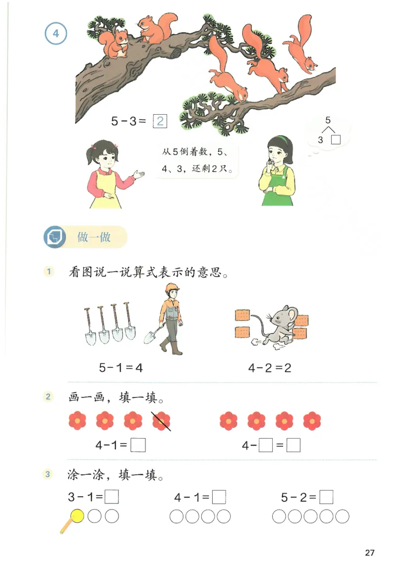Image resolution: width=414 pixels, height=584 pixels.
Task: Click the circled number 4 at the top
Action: tap(56, 34)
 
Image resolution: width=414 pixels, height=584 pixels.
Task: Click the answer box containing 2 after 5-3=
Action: tap(160, 121)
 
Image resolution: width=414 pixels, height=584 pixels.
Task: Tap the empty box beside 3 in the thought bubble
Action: tap(336, 140)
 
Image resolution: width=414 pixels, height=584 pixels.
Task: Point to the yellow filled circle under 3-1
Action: tap(77, 515)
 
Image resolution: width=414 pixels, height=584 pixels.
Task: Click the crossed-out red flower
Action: tap(161, 421)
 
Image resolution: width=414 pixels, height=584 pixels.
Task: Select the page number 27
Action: tap(369, 552)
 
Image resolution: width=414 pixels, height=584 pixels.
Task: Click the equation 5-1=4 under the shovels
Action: tap(120, 368)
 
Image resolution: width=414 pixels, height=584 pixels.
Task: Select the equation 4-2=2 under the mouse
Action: tap(270, 368)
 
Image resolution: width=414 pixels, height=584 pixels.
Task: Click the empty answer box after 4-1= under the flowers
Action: tap(138, 445)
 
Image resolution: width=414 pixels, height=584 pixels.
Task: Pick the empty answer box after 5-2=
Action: tap(326, 497)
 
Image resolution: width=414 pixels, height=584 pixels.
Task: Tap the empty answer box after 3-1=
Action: tap(112, 497)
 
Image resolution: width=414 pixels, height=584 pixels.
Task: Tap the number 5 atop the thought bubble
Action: tap(328, 120)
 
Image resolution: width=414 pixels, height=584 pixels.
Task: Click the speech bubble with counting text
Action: tap(197, 160)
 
